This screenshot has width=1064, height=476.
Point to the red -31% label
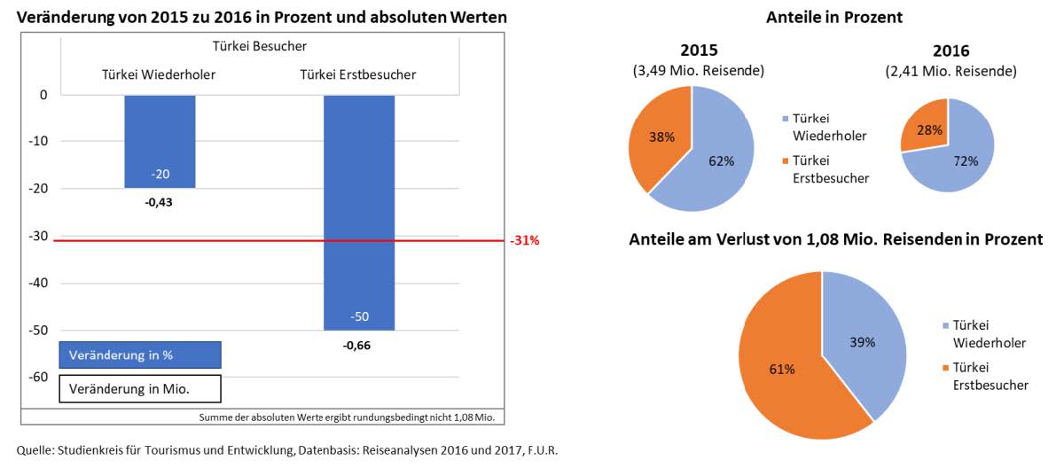[x=524, y=241]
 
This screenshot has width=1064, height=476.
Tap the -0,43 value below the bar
[x=160, y=202]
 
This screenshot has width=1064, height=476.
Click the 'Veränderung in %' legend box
[x=139, y=355]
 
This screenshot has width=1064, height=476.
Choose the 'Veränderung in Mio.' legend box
[x=139, y=388]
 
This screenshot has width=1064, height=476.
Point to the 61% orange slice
[x=780, y=368]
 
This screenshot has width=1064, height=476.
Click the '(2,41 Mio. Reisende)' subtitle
[x=951, y=71]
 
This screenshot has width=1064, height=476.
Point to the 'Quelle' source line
[x=287, y=451]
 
